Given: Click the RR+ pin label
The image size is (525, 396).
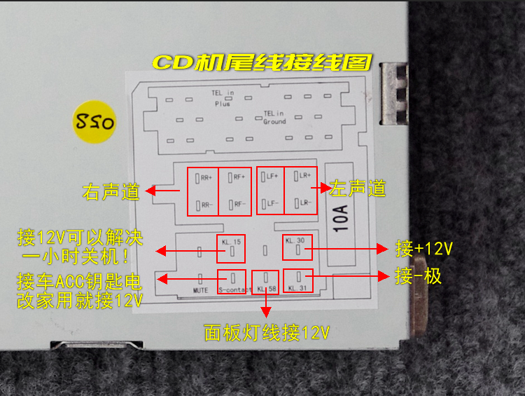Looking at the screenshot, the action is [206, 178].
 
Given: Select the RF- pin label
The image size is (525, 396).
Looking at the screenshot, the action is [239, 204].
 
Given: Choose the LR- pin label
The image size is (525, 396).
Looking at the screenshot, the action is [302, 203].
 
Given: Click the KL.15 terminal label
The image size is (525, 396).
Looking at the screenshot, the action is [231, 243].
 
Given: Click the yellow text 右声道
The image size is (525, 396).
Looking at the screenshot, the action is [111, 191].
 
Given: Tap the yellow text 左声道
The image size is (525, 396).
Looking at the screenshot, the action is [358, 189].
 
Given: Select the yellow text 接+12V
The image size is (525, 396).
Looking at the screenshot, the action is [424, 249].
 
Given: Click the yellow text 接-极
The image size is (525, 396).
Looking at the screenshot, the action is [419, 276].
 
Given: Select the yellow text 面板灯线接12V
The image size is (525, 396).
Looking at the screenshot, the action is [265, 330].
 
